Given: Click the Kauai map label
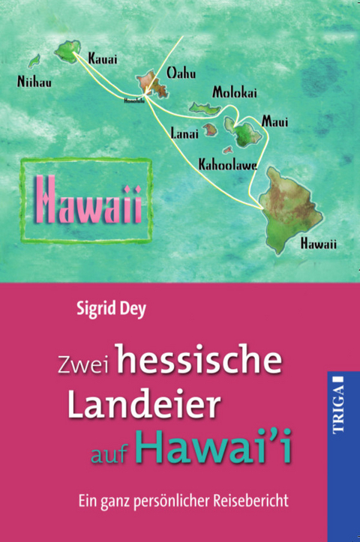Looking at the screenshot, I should coord(103,57).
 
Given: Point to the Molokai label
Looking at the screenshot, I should coord(234,93).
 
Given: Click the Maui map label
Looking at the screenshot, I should coord(274,121).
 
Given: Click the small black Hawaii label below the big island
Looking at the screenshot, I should coord(318,243).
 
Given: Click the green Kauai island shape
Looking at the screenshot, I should coord(70,50).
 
